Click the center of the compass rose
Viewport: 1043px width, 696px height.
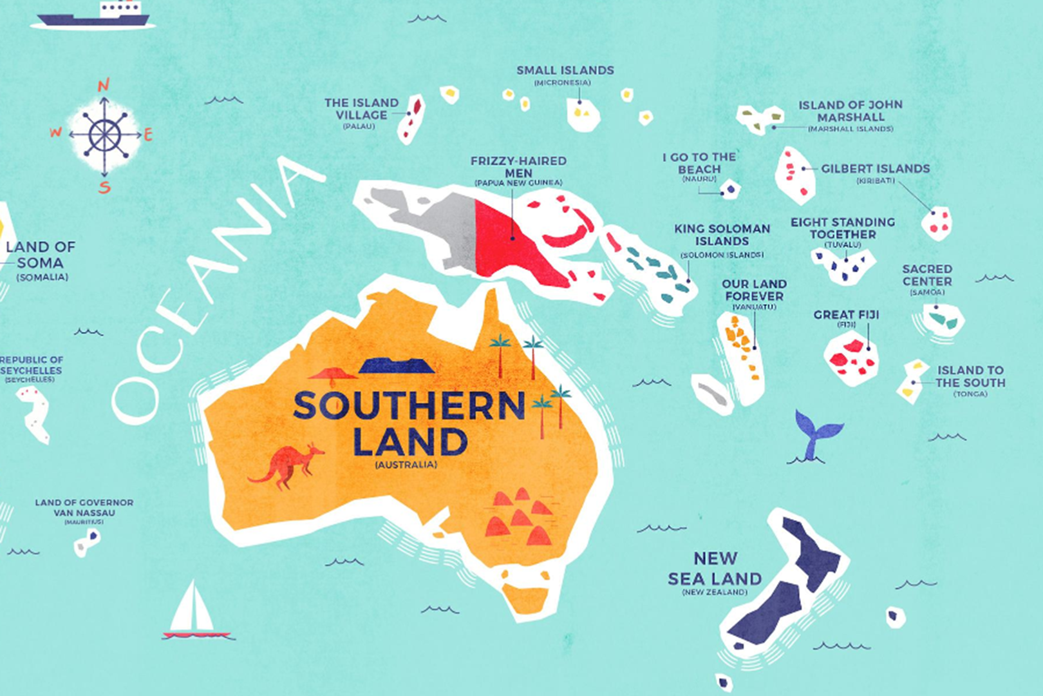point(104,135)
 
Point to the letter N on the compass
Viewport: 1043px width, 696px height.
point(104,85)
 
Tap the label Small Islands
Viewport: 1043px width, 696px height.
point(565,70)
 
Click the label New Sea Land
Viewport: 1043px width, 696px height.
point(715,568)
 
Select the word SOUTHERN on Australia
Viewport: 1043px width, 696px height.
point(409,406)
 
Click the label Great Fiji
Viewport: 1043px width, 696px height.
point(846,314)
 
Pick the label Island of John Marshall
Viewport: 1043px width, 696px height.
point(850,111)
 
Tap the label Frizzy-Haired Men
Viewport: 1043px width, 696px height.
point(518,167)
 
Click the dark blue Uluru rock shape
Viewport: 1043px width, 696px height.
point(395,366)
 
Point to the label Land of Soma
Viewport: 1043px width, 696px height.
point(41,255)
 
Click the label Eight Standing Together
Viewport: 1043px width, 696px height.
point(843,228)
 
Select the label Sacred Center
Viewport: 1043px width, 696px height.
point(926,275)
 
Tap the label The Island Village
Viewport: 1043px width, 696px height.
point(361,109)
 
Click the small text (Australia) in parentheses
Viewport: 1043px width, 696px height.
point(406,465)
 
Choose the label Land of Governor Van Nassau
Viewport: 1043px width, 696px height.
point(84,507)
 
